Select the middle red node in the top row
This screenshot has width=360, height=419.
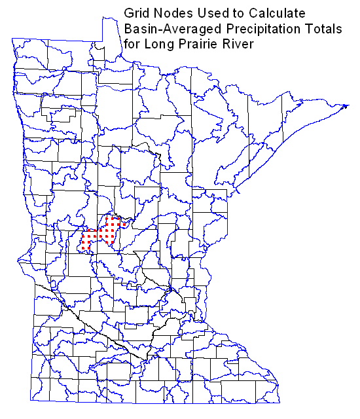pos(115,218)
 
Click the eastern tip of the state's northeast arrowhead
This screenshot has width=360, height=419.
pos(347,105)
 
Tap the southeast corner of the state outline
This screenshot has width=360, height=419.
pos(281,403)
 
